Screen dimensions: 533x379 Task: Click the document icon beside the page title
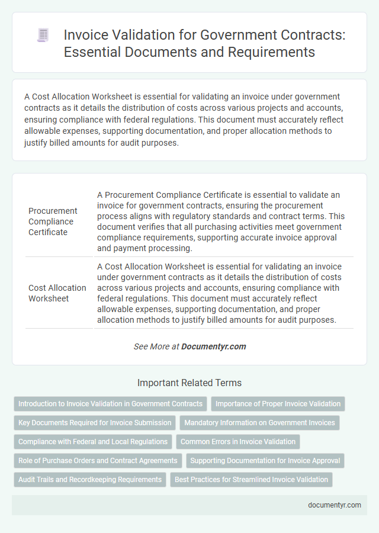click(x=43, y=35)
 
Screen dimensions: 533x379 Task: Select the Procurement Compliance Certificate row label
click(x=53, y=221)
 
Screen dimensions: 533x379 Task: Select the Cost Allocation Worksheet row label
click(x=57, y=293)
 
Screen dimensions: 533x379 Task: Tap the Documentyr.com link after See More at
click(x=214, y=346)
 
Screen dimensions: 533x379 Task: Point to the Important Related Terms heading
click(x=189, y=383)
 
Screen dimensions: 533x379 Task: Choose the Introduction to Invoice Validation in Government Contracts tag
click(x=110, y=404)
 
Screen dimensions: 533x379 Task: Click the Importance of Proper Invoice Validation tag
click(x=278, y=404)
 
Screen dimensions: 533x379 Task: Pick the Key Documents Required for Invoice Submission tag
click(x=95, y=423)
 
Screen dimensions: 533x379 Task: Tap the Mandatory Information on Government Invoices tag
click(x=259, y=423)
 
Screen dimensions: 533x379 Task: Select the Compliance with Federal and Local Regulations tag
click(x=93, y=442)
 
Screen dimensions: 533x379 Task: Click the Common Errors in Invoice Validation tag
click(x=237, y=442)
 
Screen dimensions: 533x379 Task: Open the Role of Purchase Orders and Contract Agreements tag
click(x=98, y=461)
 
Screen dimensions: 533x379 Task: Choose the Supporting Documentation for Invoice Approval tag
click(x=265, y=461)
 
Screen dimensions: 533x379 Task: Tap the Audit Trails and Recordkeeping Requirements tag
click(x=89, y=480)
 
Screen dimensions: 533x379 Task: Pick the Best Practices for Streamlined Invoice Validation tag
click(x=251, y=480)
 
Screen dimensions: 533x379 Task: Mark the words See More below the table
click(x=152, y=346)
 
